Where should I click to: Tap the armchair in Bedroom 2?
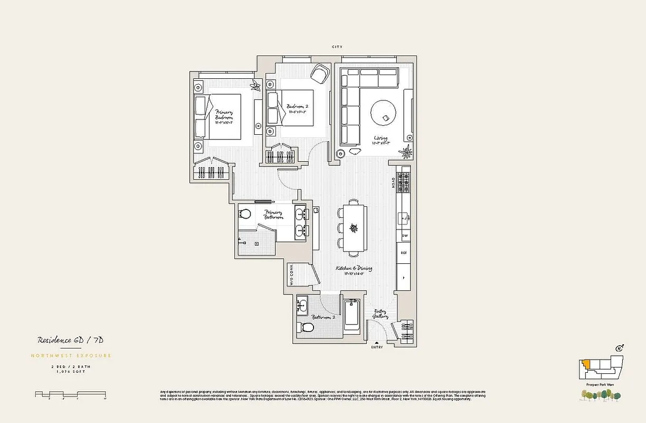pyautogui.click(x=318, y=73)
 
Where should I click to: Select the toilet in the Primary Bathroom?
pyautogui.click(x=244, y=214)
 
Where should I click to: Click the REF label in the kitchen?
pyautogui.click(x=404, y=253)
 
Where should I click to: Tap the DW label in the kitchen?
pyautogui.click(x=404, y=235)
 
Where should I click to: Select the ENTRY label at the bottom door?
pyautogui.click(x=377, y=347)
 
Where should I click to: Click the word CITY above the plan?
pyautogui.click(x=337, y=47)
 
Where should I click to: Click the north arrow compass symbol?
pyautogui.click(x=620, y=347)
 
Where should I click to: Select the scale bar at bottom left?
pyautogui.click(x=71, y=394)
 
